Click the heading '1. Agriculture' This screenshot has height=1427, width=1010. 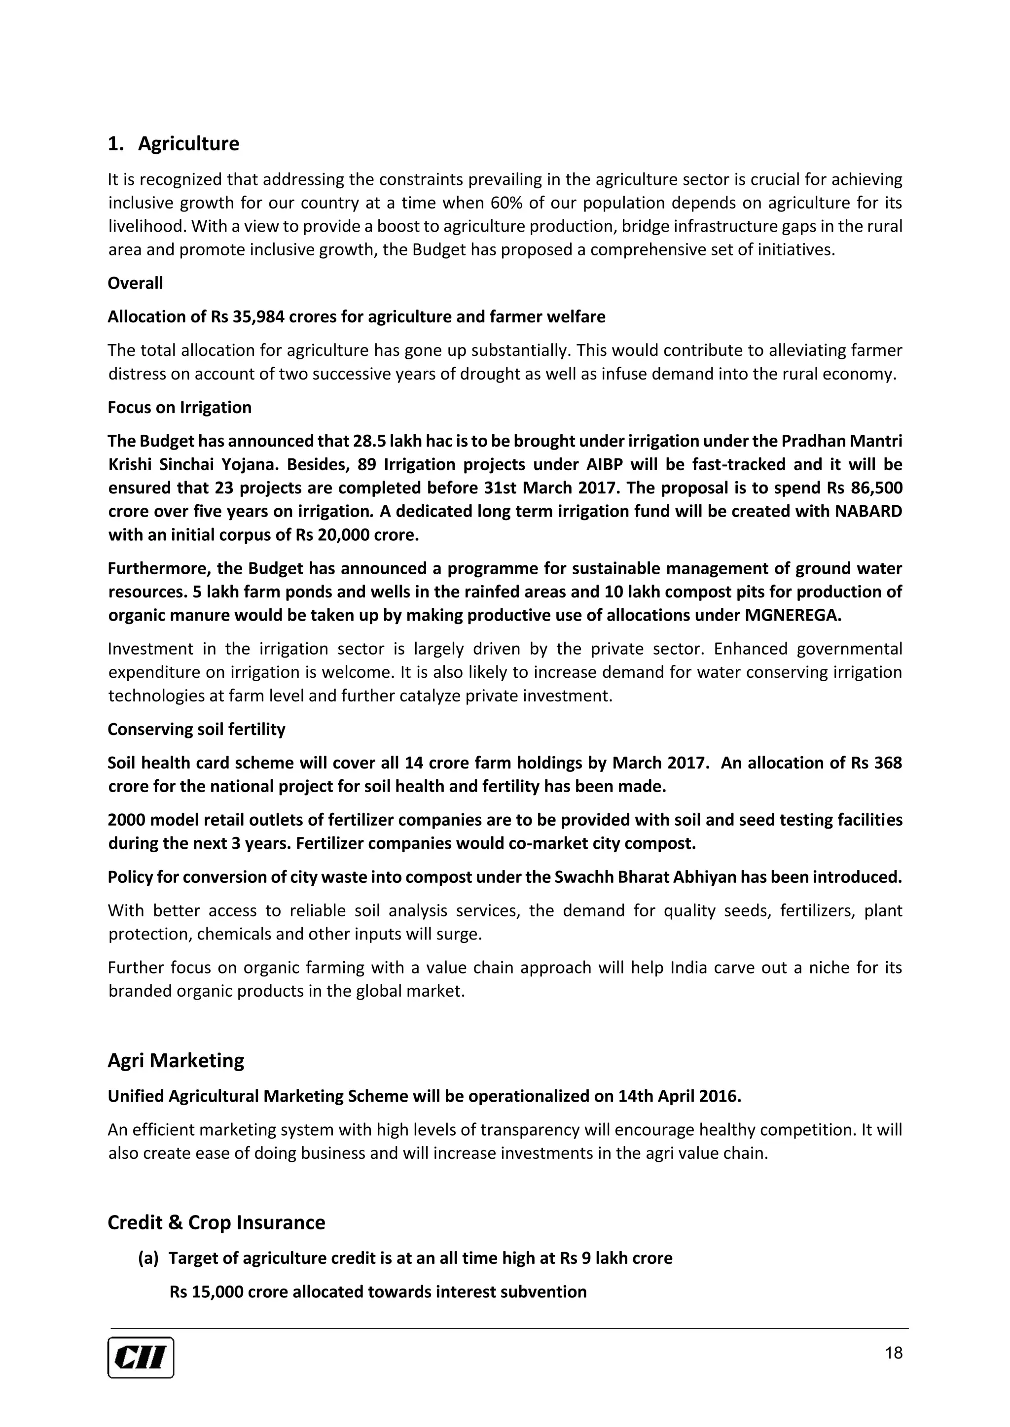[x=174, y=143]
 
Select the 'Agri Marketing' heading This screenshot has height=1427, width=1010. [x=176, y=1060]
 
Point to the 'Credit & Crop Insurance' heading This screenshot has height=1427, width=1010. [x=216, y=1222]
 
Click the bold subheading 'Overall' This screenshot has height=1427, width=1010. [x=135, y=283]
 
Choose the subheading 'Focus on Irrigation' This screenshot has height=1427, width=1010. [x=180, y=408]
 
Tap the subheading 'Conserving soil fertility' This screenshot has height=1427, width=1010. [x=197, y=729]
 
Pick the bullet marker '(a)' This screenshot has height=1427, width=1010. [x=148, y=1258]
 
